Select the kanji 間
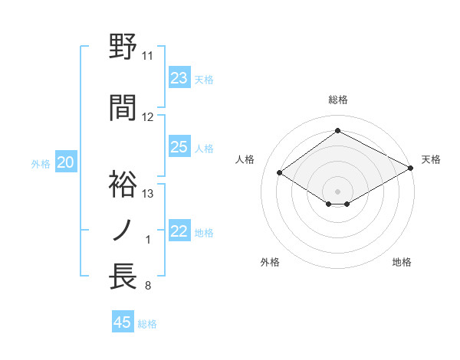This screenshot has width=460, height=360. pyautogui.click(x=123, y=108)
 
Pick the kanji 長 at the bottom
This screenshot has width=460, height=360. pyautogui.click(x=123, y=276)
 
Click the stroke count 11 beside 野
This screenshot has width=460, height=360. pyautogui.click(x=147, y=56)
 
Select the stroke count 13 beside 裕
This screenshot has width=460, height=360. pyautogui.click(x=148, y=193)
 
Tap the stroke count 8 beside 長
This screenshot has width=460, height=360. pyautogui.click(x=147, y=286)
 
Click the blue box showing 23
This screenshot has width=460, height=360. pyautogui.click(x=179, y=78)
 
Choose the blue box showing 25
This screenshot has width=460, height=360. pyautogui.click(x=179, y=147)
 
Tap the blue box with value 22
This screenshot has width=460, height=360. pyautogui.click(x=179, y=231)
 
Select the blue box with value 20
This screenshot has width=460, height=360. pyautogui.click(x=66, y=162)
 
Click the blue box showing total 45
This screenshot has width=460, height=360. pyautogui.click(x=123, y=322)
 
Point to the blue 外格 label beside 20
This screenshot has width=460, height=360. pyautogui.click(x=41, y=163)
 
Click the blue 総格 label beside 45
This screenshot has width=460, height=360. pyautogui.click(x=147, y=323)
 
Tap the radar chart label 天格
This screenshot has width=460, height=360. pyautogui.click(x=431, y=159)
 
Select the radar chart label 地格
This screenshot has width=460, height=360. pyautogui.click(x=402, y=262)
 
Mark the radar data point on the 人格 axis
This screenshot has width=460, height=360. pyautogui.click(x=280, y=173)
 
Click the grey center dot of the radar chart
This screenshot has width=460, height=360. pyautogui.click(x=337, y=190)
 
